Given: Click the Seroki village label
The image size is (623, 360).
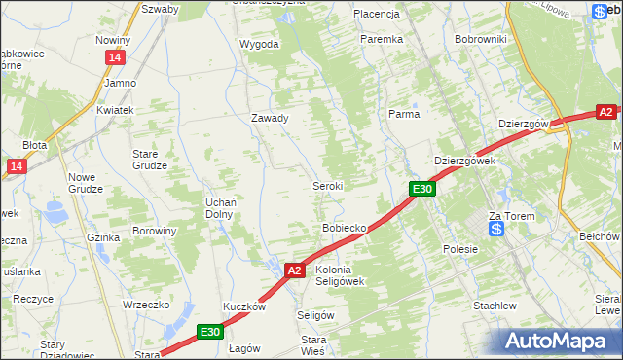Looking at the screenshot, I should click(x=326, y=185).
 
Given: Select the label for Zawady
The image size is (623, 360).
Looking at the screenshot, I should click(x=270, y=118).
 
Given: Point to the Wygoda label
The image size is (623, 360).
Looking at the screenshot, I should click(x=259, y=45).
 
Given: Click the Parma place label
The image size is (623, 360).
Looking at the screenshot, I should click(x=404, y=114).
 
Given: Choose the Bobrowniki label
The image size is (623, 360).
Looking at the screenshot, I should click(x=481, y=39).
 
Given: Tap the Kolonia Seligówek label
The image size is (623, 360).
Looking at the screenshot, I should click(x=340, y=275).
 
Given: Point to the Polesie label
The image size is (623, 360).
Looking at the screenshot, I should click(x=460, y=249).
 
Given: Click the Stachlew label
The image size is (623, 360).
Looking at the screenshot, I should click(x=494, y=306).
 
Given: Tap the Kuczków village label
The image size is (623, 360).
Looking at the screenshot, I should click(x=244, y=306).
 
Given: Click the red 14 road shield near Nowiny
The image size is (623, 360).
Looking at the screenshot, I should click(x=115, y=58).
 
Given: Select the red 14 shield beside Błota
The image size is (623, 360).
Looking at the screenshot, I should click(x=15, y=167).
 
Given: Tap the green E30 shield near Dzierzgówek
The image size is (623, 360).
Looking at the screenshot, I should click(x=421, y=189).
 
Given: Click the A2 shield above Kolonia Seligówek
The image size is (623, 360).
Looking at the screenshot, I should click(x=296, y=270).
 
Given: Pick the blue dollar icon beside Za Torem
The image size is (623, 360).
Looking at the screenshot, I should click(x=496, y=230).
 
